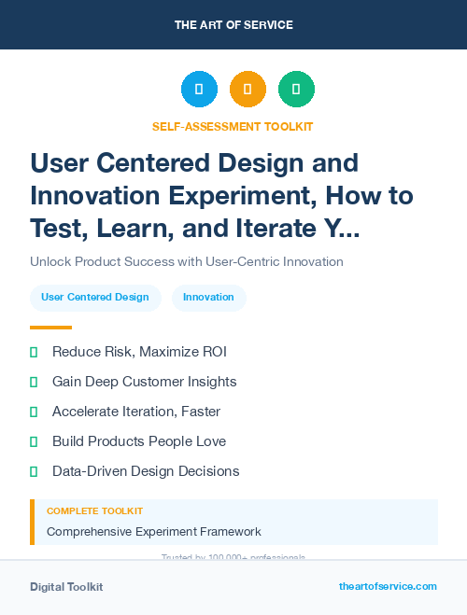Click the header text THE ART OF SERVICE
coord(233,24)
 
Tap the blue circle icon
coord(199,90)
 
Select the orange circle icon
coord(248,90)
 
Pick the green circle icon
coord(296,90)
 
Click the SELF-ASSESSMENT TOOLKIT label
coord(233,126)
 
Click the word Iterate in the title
coord(280,228)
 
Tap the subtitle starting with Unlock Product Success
coord(187,261)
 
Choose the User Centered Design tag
coord(95,298)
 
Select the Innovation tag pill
coord(208,298)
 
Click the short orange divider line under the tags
coord(50,328)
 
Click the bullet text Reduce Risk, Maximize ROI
coord(139,352)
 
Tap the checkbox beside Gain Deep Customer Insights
coord(34,382)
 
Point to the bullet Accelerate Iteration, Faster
coord(136,412)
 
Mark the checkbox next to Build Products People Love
coord(34,441)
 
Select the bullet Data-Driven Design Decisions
coord(146,471)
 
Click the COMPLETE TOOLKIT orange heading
coord(94,511)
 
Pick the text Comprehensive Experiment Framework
coord(154,532)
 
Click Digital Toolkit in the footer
coord(66,587)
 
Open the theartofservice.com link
coord(388,586)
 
